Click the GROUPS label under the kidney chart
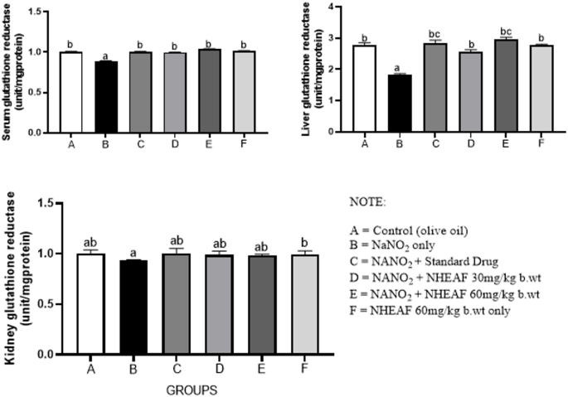pyautogui.click(x=189, y=386)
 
